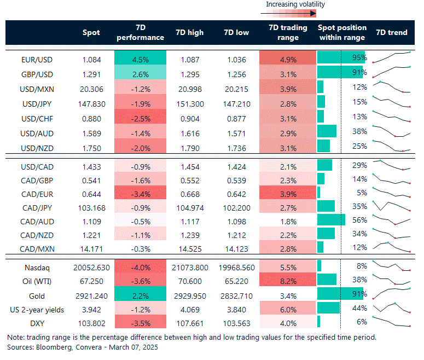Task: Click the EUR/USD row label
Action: (37, 58)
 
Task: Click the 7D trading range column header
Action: (284, 33)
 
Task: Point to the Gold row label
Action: (37, 295)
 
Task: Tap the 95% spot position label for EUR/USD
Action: (359, 58)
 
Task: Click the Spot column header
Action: (91, 33)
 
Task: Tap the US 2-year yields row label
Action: (37, 310)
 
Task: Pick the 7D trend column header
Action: (392, 33)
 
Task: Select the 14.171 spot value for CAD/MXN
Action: (91, 249)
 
